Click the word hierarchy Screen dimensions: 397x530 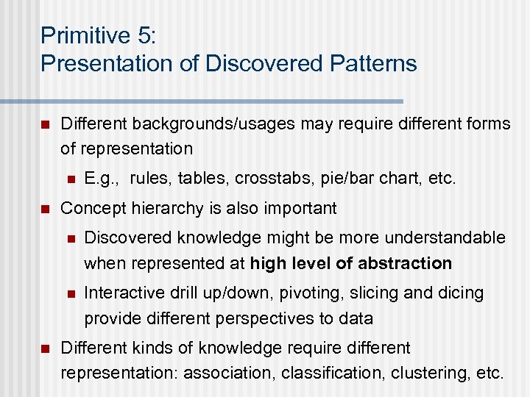156,208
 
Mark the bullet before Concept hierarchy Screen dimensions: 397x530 45,209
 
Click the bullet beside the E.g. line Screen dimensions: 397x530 70,177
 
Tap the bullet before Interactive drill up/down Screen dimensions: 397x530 70,293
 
